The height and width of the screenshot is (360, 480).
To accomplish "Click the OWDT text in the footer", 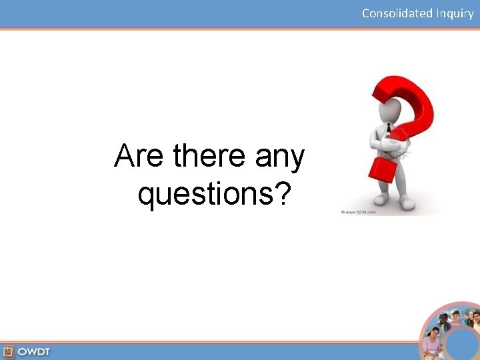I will [33, 351].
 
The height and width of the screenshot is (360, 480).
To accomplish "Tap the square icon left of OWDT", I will [9, 351].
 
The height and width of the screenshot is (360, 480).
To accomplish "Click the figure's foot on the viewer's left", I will [381, 200].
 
